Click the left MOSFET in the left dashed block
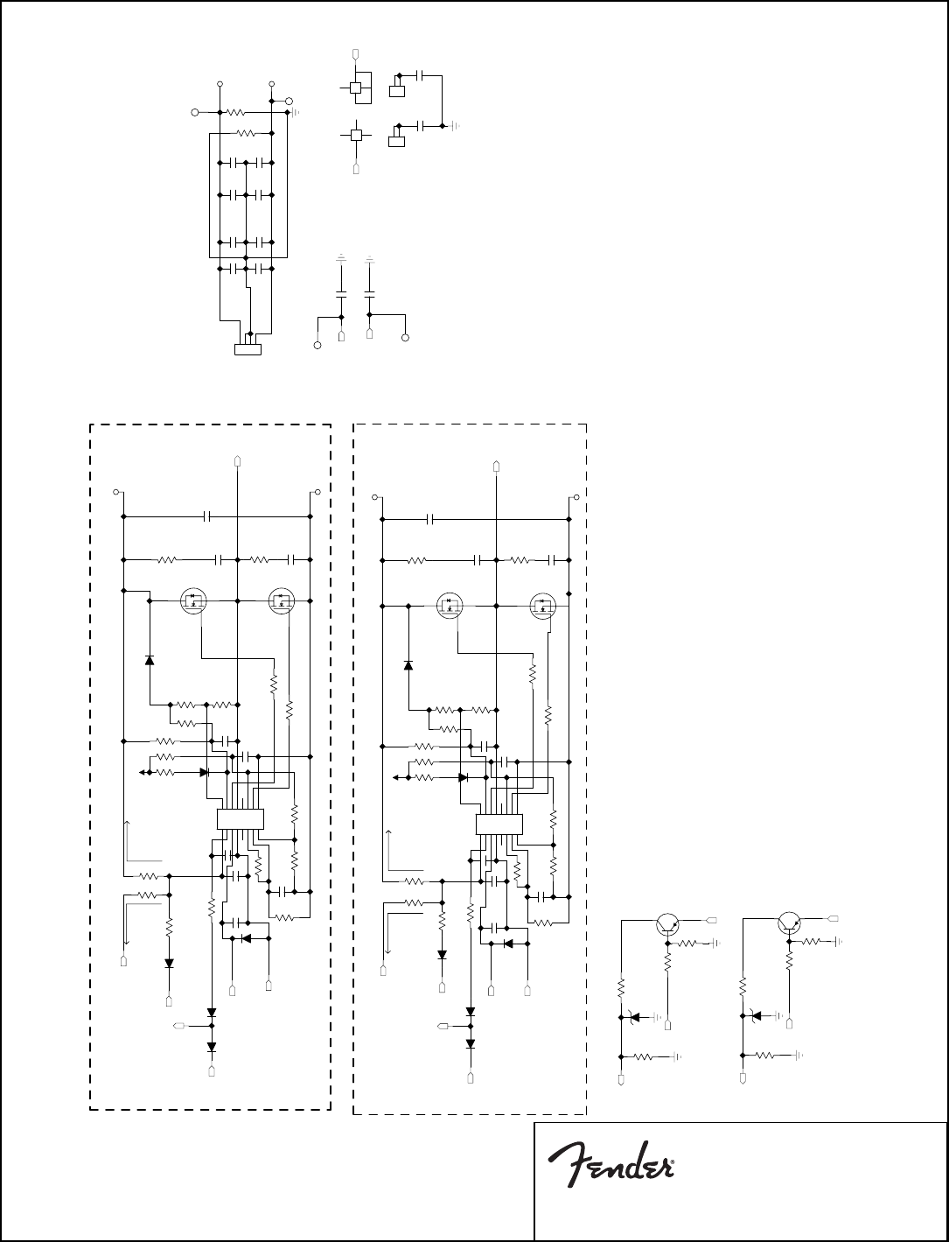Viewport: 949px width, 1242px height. click(192, 601)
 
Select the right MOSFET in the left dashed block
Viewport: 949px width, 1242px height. click(282, 601)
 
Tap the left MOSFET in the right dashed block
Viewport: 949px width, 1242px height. click(449, 605)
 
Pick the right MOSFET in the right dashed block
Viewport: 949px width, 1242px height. click(544, 605)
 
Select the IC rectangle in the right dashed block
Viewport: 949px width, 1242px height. click(499, 824)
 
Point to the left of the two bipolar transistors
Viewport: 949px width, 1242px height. click(667, 922)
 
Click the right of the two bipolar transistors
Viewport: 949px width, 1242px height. click(790, 922)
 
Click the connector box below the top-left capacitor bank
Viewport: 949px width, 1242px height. click(248, 350)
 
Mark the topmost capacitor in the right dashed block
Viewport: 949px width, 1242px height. click(430, 519)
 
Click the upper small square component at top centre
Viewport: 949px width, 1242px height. click(355, 88)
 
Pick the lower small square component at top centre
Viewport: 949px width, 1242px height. click(355, 135)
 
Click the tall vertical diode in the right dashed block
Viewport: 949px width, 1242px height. click(407, 665)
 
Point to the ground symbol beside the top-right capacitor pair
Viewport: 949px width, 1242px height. click(455, 126)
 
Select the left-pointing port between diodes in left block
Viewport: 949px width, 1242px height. click(179, 1023)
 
